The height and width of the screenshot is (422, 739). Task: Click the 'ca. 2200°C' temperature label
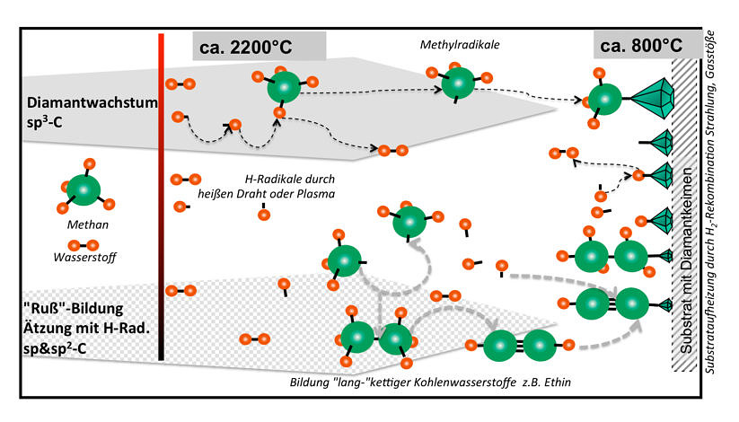coord(245,48)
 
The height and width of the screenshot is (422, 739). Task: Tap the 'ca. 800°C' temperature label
coord(641,45)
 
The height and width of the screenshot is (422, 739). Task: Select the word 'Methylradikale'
coord(460,45)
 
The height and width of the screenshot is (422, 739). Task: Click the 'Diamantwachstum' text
coord(92,102)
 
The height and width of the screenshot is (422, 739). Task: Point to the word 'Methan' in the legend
coord(88,224)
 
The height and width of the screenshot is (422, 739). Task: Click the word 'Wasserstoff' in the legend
coord(84,258)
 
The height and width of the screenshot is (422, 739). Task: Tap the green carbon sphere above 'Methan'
coord(84,190)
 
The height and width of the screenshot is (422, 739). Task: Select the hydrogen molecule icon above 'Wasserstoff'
coord(84,245)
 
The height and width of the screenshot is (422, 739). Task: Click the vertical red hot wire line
coord(162,197)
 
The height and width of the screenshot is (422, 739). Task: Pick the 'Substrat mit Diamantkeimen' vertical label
coord(686,260)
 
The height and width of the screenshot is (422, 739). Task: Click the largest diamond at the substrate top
coord(652,98)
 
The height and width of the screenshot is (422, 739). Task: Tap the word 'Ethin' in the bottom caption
coord(558,382)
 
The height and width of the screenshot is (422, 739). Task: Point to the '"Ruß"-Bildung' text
coord(73,308)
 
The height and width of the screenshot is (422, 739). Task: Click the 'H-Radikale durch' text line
coord(290,180)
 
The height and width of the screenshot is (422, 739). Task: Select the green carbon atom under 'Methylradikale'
coord(458,84)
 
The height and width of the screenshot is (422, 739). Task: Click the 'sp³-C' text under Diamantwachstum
coord(45,121)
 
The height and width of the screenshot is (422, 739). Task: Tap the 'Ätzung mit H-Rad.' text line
coord(86,328)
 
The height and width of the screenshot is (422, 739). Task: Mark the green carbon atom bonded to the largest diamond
coord(604,100)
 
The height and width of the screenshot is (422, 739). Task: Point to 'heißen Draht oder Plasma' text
coord(267,194)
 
